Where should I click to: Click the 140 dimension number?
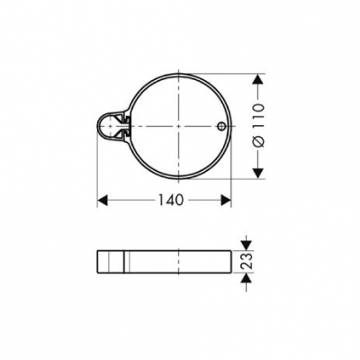click(x=170, y=200)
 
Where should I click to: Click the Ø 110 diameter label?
click(x=258, y=125)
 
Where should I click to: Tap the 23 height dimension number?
click(x=247, y=261)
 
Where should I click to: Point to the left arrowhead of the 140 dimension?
click(x=103, y=200)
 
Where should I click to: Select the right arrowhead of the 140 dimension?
click(x=226, y=200)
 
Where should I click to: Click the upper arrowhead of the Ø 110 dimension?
click(x=257, y=79)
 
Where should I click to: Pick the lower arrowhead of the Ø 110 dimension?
click(x=257, y=174)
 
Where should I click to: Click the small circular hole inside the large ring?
click(x=220, y=126)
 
